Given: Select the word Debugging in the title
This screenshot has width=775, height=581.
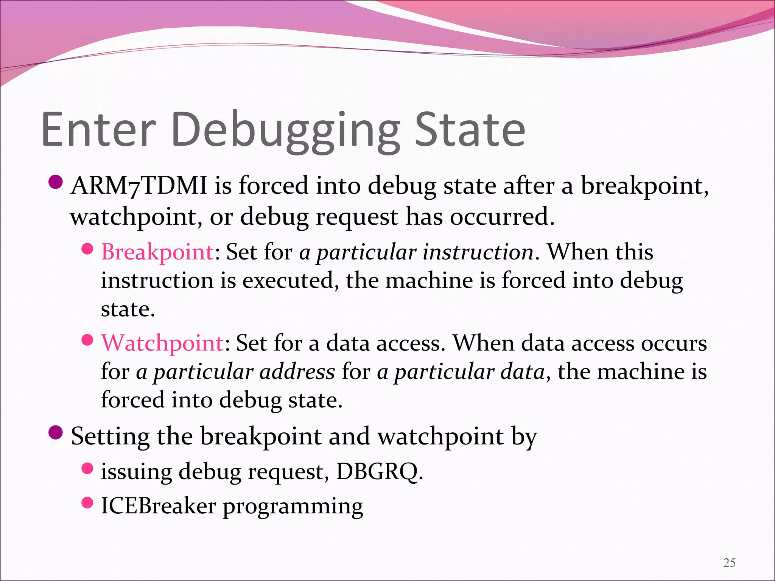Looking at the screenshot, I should coord(286,130).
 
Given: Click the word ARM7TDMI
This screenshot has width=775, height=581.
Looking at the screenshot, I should coord(139,186).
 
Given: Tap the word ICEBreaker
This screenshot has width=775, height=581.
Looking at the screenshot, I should coord(158,506).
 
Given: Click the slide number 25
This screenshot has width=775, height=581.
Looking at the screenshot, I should coord(729,563).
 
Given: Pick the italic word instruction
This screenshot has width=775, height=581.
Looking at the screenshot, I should coord(478,252).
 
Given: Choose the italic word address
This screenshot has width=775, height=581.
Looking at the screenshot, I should coord(297,371).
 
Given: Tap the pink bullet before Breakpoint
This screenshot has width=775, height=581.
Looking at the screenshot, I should coord(87,249).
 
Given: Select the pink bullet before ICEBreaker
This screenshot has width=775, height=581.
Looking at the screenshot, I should coord(87,503).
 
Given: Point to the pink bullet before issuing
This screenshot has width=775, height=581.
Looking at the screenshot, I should coord(87,469).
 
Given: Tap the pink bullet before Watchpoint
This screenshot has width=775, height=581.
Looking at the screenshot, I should coord(87,340).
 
